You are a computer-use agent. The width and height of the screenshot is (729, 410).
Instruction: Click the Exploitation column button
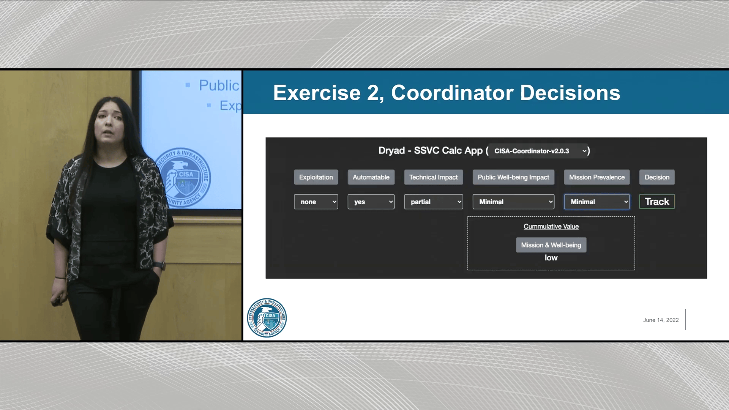click(x=316, y=177)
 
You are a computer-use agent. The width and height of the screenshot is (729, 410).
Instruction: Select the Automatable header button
click(x=371, y=177)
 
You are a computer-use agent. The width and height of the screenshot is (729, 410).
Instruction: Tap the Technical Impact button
click(x=433, y=177)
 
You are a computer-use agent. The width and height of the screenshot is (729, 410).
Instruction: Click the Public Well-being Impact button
click(x=513, y=177)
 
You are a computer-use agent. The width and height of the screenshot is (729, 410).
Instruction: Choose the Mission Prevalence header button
click(x=596, y=177)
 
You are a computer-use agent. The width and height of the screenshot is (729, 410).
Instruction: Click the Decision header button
click(x=657, y=177)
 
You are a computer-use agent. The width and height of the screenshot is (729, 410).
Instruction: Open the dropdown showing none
click(x=316, y=202)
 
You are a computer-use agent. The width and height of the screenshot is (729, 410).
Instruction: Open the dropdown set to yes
click(x=371, y=202)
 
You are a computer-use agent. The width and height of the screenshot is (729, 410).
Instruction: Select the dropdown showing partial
click(x=433, y=202)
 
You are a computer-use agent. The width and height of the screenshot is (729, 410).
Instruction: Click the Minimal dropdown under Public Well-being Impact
click(x=513, y=202)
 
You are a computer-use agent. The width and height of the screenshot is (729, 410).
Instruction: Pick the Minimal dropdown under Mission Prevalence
click(x=596, y=202)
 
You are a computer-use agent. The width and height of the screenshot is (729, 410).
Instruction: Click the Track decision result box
click(x=657, y=202)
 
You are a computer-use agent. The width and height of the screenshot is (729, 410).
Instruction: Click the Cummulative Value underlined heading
click(x=551, y=226)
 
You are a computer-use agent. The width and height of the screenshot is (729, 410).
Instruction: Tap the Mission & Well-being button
click(x=551, y=245)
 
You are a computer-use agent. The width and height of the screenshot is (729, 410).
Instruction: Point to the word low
click(x=551, y=258)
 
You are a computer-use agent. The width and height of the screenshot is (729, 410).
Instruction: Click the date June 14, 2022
click(x=661, y=320)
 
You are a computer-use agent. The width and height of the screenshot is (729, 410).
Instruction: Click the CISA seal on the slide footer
click(x=267, y=318)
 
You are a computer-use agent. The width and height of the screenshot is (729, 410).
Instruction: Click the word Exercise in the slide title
click(x=317, y=93)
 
